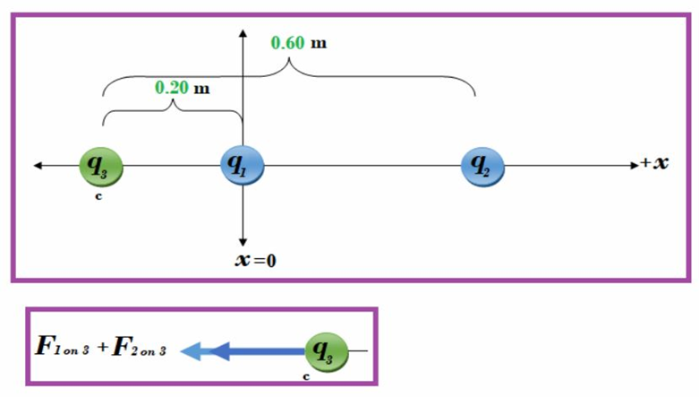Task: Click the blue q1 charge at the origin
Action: click(242, 166)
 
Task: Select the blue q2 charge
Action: click(482, 166)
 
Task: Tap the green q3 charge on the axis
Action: click(99, 166)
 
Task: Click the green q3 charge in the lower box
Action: click(327, 350)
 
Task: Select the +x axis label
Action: click(655, 165)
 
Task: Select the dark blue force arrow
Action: click(260, 351)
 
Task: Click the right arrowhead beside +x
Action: click(631, 166)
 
